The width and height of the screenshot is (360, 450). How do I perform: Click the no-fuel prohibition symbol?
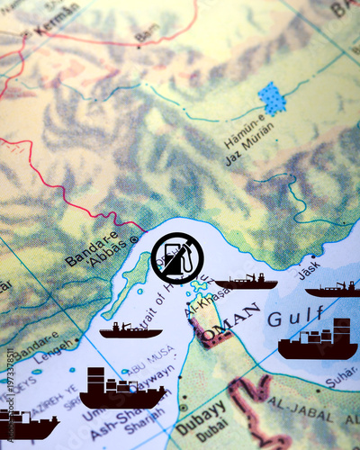(176, 258)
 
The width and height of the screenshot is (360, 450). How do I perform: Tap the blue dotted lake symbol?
(271, 98)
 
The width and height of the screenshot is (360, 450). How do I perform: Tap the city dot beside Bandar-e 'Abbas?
(134, 239)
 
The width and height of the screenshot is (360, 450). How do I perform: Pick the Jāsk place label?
(309, 267)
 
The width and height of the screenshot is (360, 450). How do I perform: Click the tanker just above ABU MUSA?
(130, 330)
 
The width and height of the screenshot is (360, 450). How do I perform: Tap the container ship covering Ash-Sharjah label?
(121, 390)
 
